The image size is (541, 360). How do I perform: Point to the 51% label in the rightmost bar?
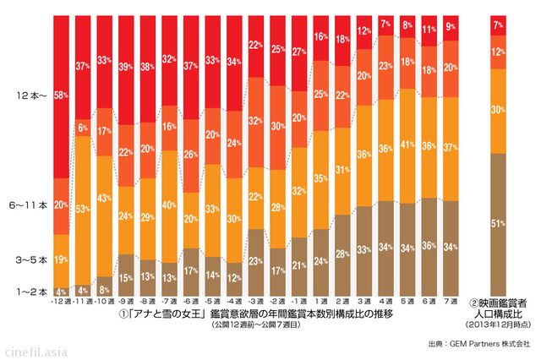pos(498,223)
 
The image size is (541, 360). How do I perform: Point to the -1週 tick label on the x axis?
pos(298,300)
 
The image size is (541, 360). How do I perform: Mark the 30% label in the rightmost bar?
pos(498,110)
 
